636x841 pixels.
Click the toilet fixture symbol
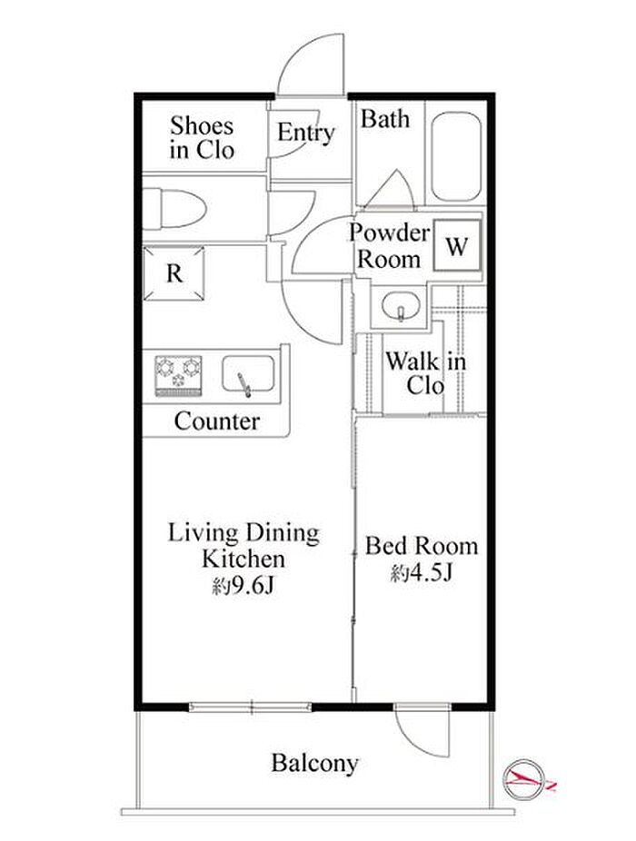[x=174, y=208]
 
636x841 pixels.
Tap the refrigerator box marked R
[x=174, y=273]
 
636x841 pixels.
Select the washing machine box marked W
[x=457, y=245]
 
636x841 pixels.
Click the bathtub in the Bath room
[x=456, y=156]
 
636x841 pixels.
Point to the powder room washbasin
[x=401, y=307]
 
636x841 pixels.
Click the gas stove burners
[x=178, y=375]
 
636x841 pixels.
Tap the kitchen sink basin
[x=248, y=373]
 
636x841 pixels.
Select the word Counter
[x=217, y=421]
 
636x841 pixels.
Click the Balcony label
[x=314, y=763]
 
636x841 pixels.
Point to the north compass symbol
[x=524, y=777]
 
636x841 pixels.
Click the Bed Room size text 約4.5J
[x=422, y=573]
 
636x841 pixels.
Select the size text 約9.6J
[x=243, y=586]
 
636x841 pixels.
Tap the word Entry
[x=306, y=133]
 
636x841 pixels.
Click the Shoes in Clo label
[x=202, y=138]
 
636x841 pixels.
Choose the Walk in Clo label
[x=425, y=373]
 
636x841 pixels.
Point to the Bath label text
[x=385, y=119]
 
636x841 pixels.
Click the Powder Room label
[x=389, y=246]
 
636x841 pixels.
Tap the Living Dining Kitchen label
[x=243, y=546]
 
